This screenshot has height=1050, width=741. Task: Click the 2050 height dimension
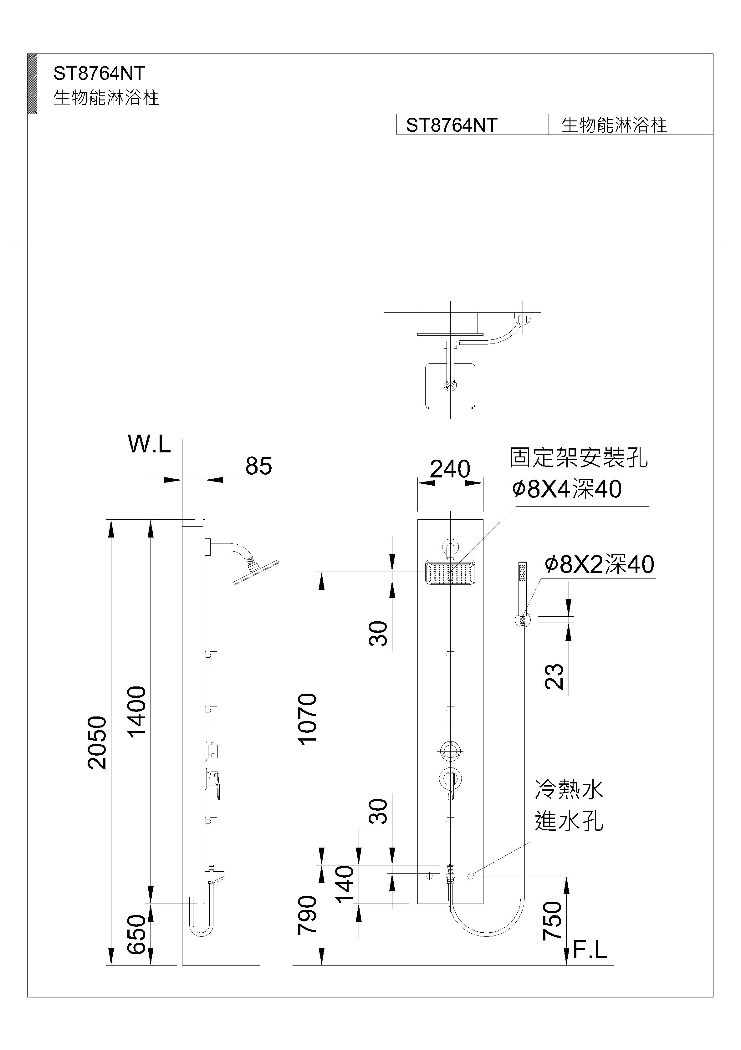click(97, 743)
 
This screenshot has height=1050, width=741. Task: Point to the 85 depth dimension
click(258, 466)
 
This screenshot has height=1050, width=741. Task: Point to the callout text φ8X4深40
click(566, 489)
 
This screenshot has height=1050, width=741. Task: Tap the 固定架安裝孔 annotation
click(578, 458)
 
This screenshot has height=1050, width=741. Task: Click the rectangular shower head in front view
click(451, 572)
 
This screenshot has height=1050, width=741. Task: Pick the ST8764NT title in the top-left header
click(99, 73)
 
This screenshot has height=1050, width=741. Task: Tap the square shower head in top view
click(450, 385)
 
